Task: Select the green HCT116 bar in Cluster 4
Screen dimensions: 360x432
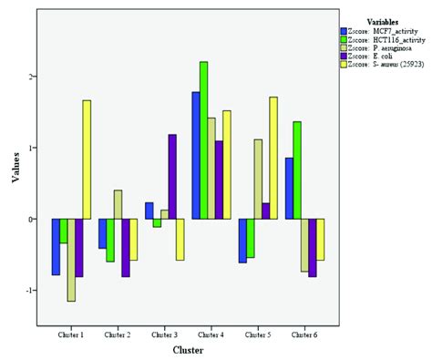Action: (203, 140)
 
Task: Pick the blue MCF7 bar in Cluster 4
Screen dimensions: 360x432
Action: (195, 156)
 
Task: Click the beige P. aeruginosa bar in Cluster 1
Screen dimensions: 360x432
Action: (70, 260)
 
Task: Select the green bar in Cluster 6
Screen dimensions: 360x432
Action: (297, 170)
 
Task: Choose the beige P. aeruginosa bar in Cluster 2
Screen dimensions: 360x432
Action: (118, 204)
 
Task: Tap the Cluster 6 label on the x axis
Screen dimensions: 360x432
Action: (304, 334)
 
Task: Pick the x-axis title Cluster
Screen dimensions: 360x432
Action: (188, 348)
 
